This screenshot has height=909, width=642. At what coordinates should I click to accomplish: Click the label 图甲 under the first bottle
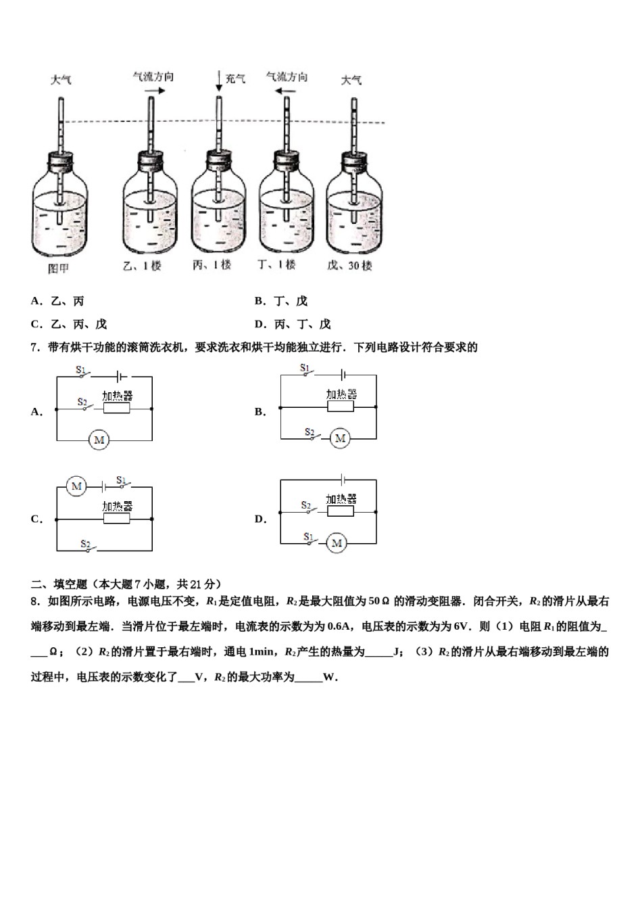[x=58, y=269]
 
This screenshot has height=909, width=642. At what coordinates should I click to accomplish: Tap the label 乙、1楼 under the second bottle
[x=142, y=266]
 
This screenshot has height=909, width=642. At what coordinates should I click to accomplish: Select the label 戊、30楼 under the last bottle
[x=349, y=266]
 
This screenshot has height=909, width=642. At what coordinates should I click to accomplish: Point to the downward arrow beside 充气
[x=219, y=80]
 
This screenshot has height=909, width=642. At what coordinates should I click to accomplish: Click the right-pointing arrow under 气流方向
[x=154, y=89]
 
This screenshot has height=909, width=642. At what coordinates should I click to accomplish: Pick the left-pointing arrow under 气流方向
[x=287, y=89]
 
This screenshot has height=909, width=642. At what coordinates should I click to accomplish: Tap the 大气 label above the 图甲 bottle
[x=61, y=80]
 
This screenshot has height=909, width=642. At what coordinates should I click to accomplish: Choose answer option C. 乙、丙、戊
[x=69, y=324]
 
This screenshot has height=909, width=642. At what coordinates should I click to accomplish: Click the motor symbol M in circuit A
[x=99, y=440]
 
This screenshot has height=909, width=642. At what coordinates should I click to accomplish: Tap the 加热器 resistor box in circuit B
[x=340, y=406]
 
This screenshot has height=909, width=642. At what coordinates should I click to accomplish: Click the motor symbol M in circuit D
[x=337, y=542]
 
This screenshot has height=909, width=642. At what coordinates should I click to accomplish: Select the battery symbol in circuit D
[x=344, y=480]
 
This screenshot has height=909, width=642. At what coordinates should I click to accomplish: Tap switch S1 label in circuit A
[x=80, y=370]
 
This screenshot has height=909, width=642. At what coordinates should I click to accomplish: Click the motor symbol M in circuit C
[x=76, y=486]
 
